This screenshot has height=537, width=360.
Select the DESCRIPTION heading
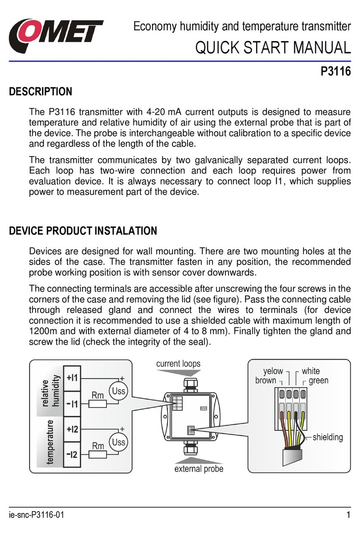[41, 92]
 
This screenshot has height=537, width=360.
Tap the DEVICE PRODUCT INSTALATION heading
[83, 231]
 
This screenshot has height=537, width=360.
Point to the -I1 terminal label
[73, 404]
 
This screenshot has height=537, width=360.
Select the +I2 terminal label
[73, 430]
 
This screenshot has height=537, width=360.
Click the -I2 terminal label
[73, 455]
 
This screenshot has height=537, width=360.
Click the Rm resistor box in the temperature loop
[98, 454]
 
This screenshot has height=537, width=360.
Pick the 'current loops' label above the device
[178, 363]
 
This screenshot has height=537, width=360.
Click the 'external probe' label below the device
[199, 468]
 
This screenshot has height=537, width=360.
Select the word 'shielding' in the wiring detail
[327, 437]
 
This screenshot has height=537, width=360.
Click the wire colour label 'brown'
[266, 380]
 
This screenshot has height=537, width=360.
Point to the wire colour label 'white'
[311, 371]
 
